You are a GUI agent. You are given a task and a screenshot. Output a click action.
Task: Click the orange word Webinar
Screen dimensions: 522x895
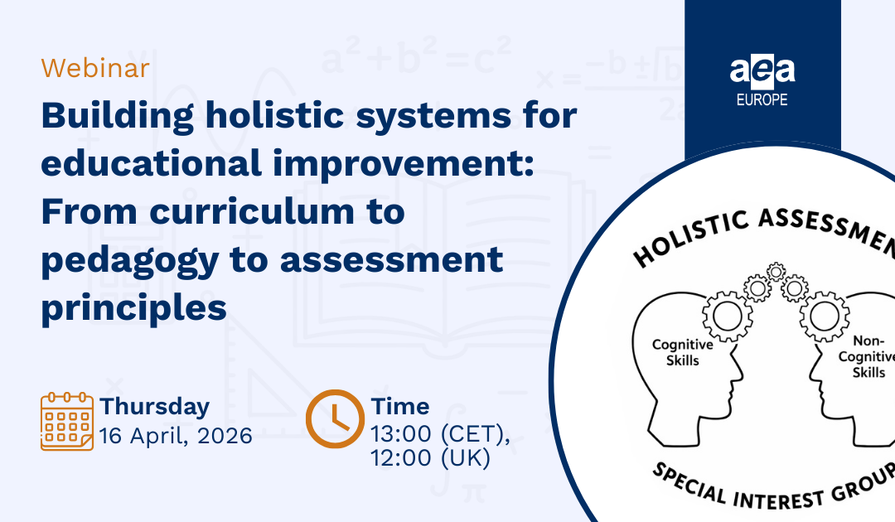95,68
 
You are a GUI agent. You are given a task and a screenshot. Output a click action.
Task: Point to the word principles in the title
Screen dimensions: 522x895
133,308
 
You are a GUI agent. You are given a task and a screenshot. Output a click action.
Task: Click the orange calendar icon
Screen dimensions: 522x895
67,423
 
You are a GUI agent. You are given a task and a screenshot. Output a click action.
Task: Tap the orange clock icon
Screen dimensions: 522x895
334,419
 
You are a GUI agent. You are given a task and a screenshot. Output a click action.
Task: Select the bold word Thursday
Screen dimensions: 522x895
155,407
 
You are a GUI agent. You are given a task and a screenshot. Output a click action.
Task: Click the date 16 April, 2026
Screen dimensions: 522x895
176,436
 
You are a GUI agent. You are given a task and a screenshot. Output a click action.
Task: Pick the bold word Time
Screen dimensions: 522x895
400,407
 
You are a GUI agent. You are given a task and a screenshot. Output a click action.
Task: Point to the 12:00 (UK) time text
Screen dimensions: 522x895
431,458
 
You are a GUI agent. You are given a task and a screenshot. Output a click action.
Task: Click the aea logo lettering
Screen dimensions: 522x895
762,71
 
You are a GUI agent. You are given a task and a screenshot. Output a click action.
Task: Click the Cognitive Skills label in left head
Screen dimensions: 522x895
675,352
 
